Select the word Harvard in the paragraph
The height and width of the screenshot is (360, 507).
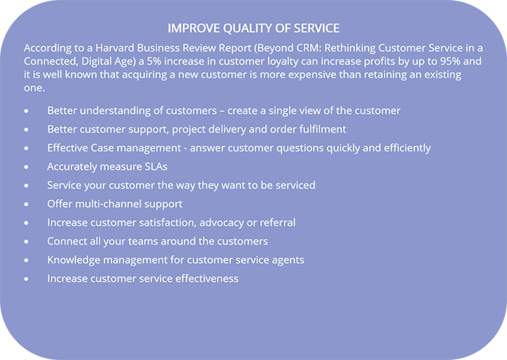click(114, 48)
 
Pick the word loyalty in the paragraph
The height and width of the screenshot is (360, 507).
click(281, 62)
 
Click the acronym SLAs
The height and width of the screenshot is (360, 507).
click(156, 167)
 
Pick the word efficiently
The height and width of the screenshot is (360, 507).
click(407, 148)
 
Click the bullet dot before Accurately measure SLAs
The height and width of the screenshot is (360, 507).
click(26, 167)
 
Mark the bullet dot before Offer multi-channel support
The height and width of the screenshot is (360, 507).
click(26, 204)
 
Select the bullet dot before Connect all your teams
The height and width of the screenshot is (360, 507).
click(26, 242)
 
